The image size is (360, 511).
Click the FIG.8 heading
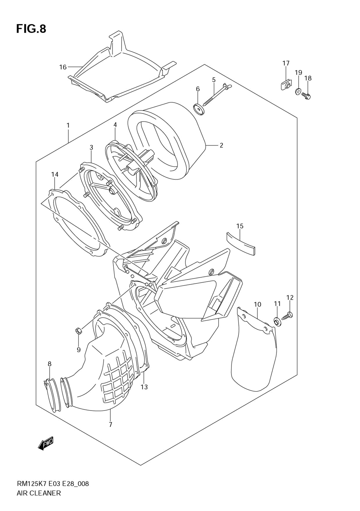click(x=31, y=29)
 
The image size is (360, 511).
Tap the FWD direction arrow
click(x=46, y=443)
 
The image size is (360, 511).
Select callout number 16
click(x=63, y=67)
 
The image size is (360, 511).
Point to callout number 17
click(x=286, y=63)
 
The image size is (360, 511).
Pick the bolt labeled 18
click(x=307, y=95)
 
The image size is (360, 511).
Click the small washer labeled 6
click(x=199, y=109)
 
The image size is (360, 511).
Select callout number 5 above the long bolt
click(x=213, y=80)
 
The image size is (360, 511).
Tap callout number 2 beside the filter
click(x=221, y=145)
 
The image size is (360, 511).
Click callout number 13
click(x=144, y=387)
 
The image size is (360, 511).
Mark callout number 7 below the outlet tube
click(x=111, y=425)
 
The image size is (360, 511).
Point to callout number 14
click(x=55, y=175)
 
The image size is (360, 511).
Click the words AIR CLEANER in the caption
click(x=39, y=493)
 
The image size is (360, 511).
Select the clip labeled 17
click(x=286, y=86)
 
